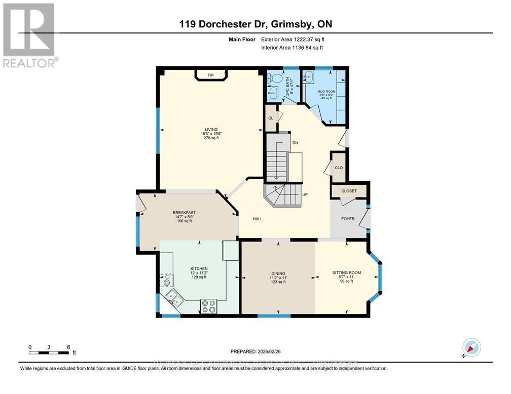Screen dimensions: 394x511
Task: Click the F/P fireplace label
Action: pos(211,76)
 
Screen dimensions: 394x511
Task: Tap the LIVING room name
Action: pos(208,130)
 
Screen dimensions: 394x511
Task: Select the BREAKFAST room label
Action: pos(184,213)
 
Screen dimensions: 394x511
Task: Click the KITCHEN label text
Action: pos(199,268)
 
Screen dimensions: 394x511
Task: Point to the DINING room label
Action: pos(277,272)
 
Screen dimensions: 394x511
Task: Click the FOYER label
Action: pos(348,219)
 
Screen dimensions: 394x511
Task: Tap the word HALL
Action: pos(258,219)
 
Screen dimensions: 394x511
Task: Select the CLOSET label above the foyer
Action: pos(349,191)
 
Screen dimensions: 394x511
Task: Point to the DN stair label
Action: pos(295,143)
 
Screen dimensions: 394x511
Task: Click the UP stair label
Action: pos(305,194)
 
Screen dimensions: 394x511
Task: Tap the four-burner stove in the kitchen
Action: pos(209,306)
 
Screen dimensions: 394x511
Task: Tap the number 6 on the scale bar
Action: pos(68,347)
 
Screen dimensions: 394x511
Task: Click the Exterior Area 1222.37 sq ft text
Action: pos(291,39)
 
